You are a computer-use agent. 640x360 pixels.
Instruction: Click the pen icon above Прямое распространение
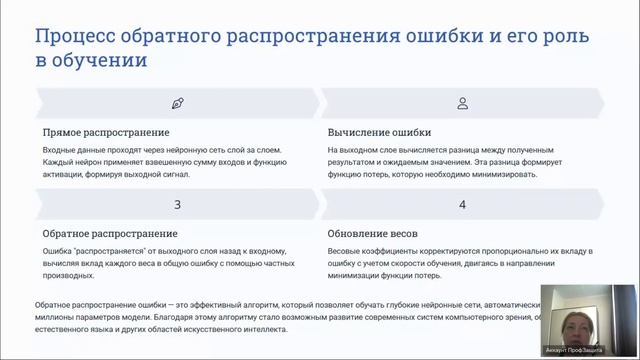click(x=177, y=103)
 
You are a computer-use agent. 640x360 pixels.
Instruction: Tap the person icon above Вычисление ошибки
click(x=462, y=103)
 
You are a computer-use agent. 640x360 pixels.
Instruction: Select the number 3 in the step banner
click(x=177, y=204)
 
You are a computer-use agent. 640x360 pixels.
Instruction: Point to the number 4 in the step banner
click(x=462, y=204)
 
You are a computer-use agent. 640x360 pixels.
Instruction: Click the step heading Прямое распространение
click(x=106, y=132)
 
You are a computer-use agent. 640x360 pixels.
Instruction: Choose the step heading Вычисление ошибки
click(x=379, y=132)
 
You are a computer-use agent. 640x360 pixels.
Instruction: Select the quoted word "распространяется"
click(x=105, y=251)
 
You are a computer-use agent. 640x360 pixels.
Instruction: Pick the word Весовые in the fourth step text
click(x=346, y=251)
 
